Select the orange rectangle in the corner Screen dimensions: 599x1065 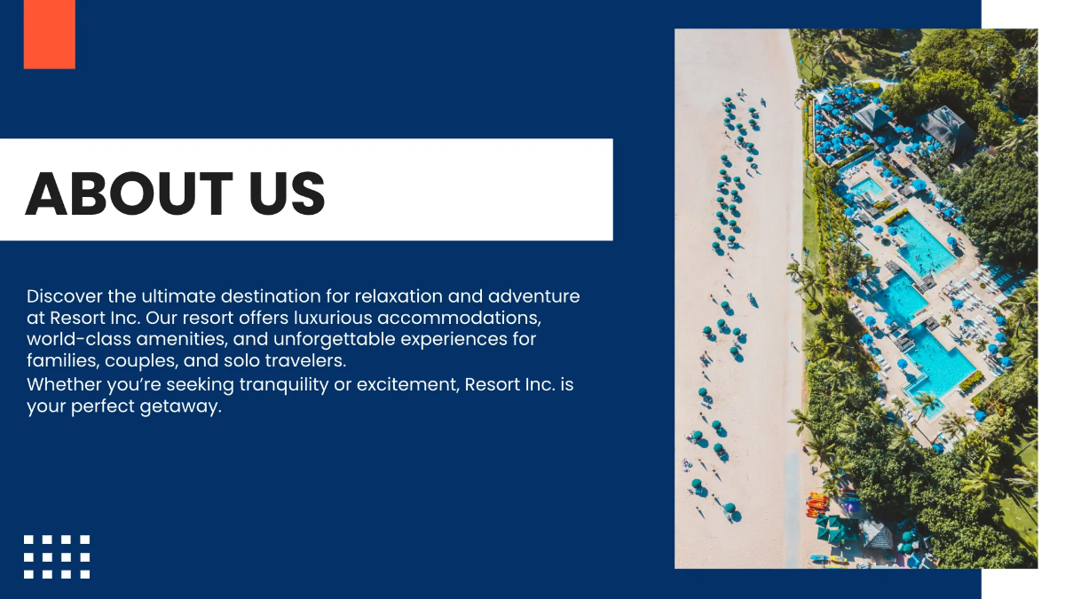click(50, 34)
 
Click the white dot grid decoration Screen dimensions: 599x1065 click(57, 556)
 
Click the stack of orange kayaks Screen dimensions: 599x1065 click(816, 505)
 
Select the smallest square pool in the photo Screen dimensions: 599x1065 click(864, 187)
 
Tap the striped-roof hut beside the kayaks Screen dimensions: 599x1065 click(876, 534)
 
